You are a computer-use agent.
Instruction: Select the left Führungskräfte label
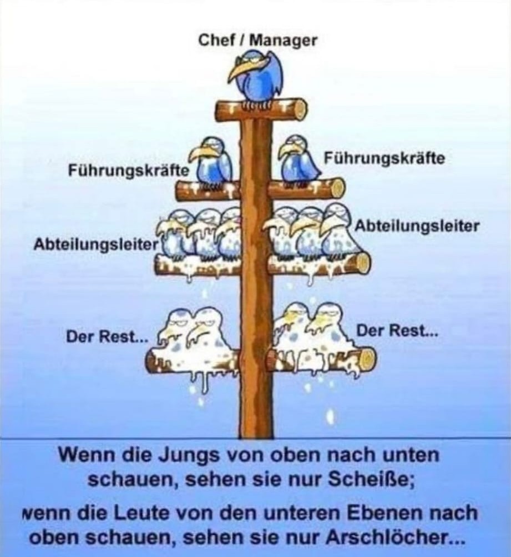[x=128, y=170]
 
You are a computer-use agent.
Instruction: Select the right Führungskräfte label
[x=384, y=159]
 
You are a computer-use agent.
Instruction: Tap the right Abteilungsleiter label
[x=416, y=226]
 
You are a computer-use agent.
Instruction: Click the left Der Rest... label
[x=104, y=336]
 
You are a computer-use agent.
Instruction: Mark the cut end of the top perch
[x=298, y=109]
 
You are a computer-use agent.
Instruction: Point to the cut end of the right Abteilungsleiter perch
[x=363, y=263]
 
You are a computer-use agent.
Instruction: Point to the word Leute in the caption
[x=118, y=512]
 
